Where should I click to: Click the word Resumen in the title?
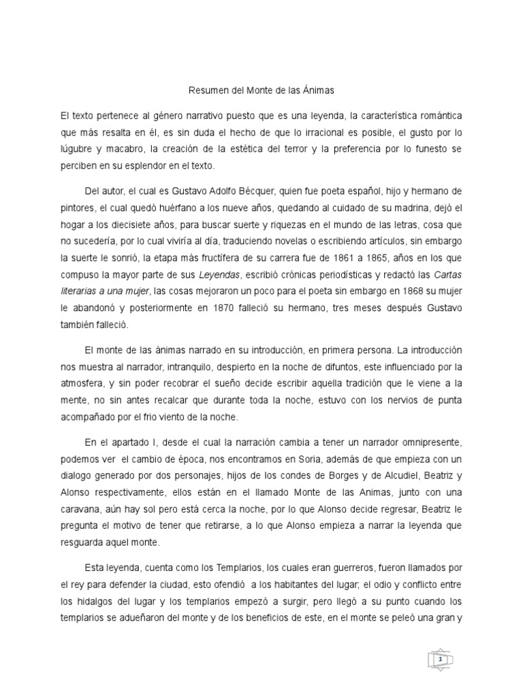point(205,89)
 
